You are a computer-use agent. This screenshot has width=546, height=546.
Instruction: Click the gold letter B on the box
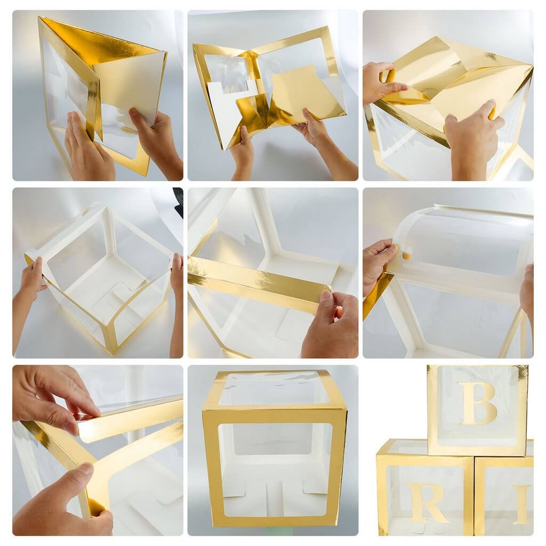[x=477, y=403]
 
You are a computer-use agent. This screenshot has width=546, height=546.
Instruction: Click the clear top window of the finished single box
[x=273, y=388]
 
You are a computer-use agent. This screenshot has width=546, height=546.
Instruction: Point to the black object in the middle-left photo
[x=178, y=203]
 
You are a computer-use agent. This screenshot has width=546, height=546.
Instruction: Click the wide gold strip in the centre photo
[x=256, y=283]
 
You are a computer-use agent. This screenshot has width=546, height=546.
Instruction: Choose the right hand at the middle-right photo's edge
[x=527, y=291]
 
